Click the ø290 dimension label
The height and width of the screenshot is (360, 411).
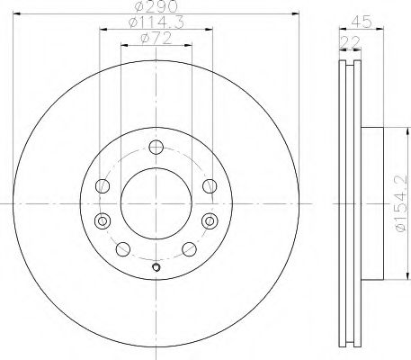(x=156, y=6)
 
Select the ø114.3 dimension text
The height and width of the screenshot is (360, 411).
(x=156, y=22)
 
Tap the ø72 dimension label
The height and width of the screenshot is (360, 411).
(x=156, y=39)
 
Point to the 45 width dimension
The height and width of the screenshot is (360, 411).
(x=362, y=22)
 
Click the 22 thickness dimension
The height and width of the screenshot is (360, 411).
(x=350, y=42)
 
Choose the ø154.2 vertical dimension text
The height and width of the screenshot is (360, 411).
(x=402, y=203)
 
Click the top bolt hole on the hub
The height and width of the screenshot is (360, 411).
(x=156, y=147)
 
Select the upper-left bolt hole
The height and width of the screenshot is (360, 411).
(x=103, y=186)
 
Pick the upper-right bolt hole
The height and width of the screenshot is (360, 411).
(x=210, y=186)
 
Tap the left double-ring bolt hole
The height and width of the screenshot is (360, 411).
(x=103, y=221)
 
